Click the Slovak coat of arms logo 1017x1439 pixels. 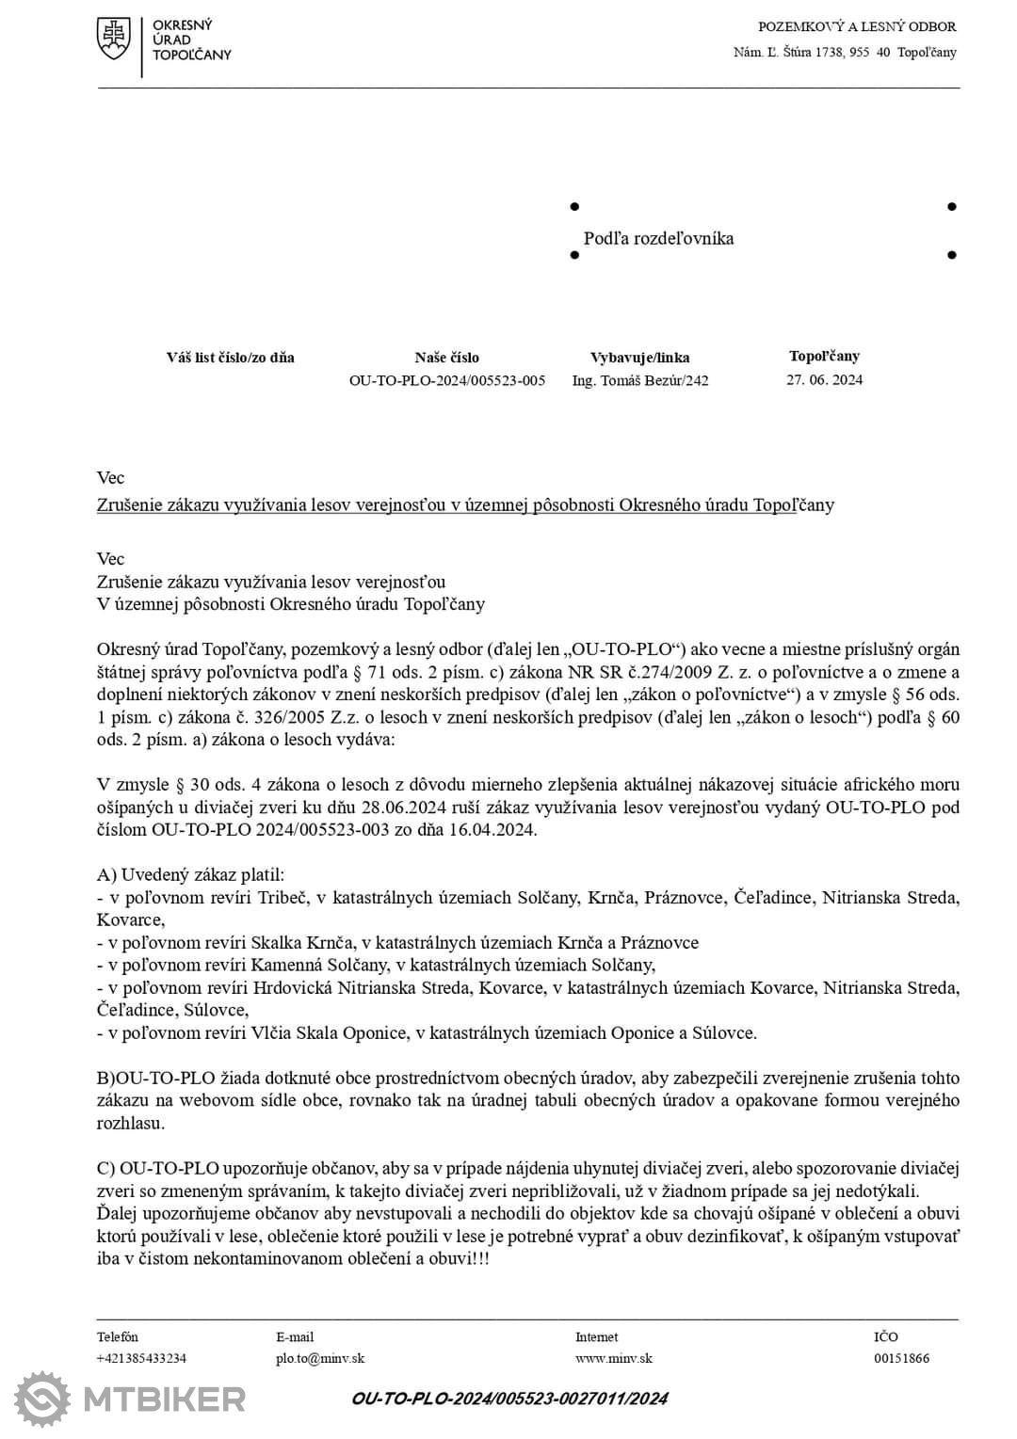114,40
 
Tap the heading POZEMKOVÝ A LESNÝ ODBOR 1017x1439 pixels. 857,26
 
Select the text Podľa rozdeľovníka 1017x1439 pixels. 658,238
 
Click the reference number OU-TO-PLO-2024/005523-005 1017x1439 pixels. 446,380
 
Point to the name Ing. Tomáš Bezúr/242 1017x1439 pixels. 640,380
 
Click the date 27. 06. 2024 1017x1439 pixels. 824,379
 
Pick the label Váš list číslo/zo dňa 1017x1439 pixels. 230,358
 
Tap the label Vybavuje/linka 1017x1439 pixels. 639,358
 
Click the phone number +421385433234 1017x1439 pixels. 141,1358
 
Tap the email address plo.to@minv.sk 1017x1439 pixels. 320,1358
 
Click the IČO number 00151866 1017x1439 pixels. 901,1358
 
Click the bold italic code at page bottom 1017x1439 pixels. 509,1399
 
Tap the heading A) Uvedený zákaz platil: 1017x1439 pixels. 190,874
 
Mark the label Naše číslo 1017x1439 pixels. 446,358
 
